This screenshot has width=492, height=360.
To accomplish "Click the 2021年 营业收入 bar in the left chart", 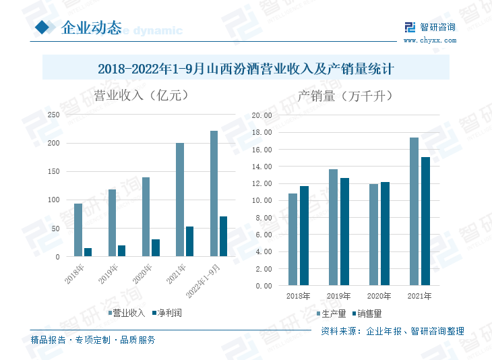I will (x=180, y=200).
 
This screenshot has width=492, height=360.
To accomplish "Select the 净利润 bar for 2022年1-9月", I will (x=223, y=236).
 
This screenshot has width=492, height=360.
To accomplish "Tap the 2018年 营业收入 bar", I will (x=78, y=230).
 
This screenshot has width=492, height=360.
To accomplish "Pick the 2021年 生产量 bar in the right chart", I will (x=414, y=211).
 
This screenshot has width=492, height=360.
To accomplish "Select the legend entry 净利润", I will (x=168, y=313).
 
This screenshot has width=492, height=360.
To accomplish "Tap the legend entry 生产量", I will (x=333, y=313).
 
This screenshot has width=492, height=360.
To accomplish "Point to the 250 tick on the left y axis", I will (x=53, y=115).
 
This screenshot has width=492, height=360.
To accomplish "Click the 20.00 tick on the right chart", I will (x=262, y=115).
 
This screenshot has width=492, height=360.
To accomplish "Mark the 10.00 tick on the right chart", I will (x=262, y=200).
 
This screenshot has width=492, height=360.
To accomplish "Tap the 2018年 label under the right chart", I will (x=298, y=296).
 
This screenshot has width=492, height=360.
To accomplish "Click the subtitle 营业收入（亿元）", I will (x=140, y=95).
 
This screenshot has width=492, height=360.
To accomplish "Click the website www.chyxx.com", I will (x=429, y=40).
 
